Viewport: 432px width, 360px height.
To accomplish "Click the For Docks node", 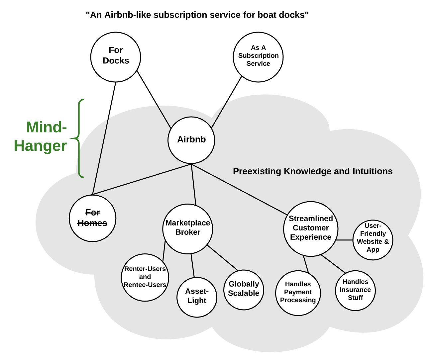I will point(116,57).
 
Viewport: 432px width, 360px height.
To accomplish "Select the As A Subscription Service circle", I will point(258,57).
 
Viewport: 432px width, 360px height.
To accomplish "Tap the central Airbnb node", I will point(191,140).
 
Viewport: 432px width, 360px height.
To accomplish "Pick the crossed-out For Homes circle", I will point(93,218).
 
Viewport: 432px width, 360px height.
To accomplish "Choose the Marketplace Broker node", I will point(188,229).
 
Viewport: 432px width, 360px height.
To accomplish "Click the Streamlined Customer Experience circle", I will point(311,229).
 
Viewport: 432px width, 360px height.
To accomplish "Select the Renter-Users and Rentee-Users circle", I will point(145,277).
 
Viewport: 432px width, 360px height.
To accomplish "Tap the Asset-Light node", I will point(197,297).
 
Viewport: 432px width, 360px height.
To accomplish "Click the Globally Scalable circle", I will point(244,290).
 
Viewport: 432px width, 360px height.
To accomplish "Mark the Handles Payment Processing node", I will point(298,293).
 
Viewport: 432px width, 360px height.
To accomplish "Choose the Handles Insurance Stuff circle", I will point(355,290).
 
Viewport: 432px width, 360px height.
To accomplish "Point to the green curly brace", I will point(78,138).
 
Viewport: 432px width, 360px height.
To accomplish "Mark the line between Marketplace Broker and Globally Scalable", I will point(223,258).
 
